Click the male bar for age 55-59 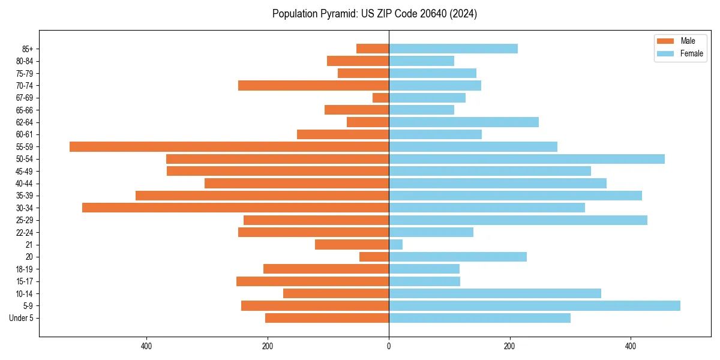pos(229,146)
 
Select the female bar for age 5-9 pos(534,305)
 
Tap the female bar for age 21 pos(396,244)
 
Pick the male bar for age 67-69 pos(381,98)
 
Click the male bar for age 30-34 pos(235,208)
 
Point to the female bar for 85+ pos(453,49)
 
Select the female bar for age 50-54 pos(527,159)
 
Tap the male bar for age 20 pos(374,257)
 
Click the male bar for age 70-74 pos(313,85)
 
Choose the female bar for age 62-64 pos(464,122)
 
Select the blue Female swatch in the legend pos(666,53)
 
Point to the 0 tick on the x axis pos(389,346)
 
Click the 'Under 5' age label pos(21,318)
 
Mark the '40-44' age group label pos(24,184)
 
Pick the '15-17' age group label pos(24,281)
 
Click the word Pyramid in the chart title pos(337,14)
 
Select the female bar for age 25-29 pos(518,220)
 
